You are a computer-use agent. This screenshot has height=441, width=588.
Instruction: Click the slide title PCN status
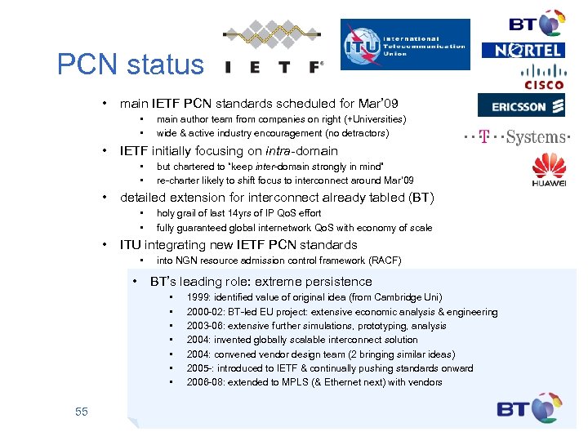[131, 65]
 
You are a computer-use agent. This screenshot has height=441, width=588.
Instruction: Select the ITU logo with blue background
[405, 44]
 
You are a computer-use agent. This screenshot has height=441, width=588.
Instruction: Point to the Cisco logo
[543, 77]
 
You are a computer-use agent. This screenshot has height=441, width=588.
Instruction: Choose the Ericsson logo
[522, 106]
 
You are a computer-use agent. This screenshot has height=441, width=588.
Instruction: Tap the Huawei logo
[549, 171]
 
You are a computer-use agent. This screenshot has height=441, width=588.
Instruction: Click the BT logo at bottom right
[530, 408]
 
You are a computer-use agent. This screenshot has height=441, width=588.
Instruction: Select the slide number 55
[81, 412]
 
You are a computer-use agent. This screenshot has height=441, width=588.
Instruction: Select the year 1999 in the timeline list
[199, 298]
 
